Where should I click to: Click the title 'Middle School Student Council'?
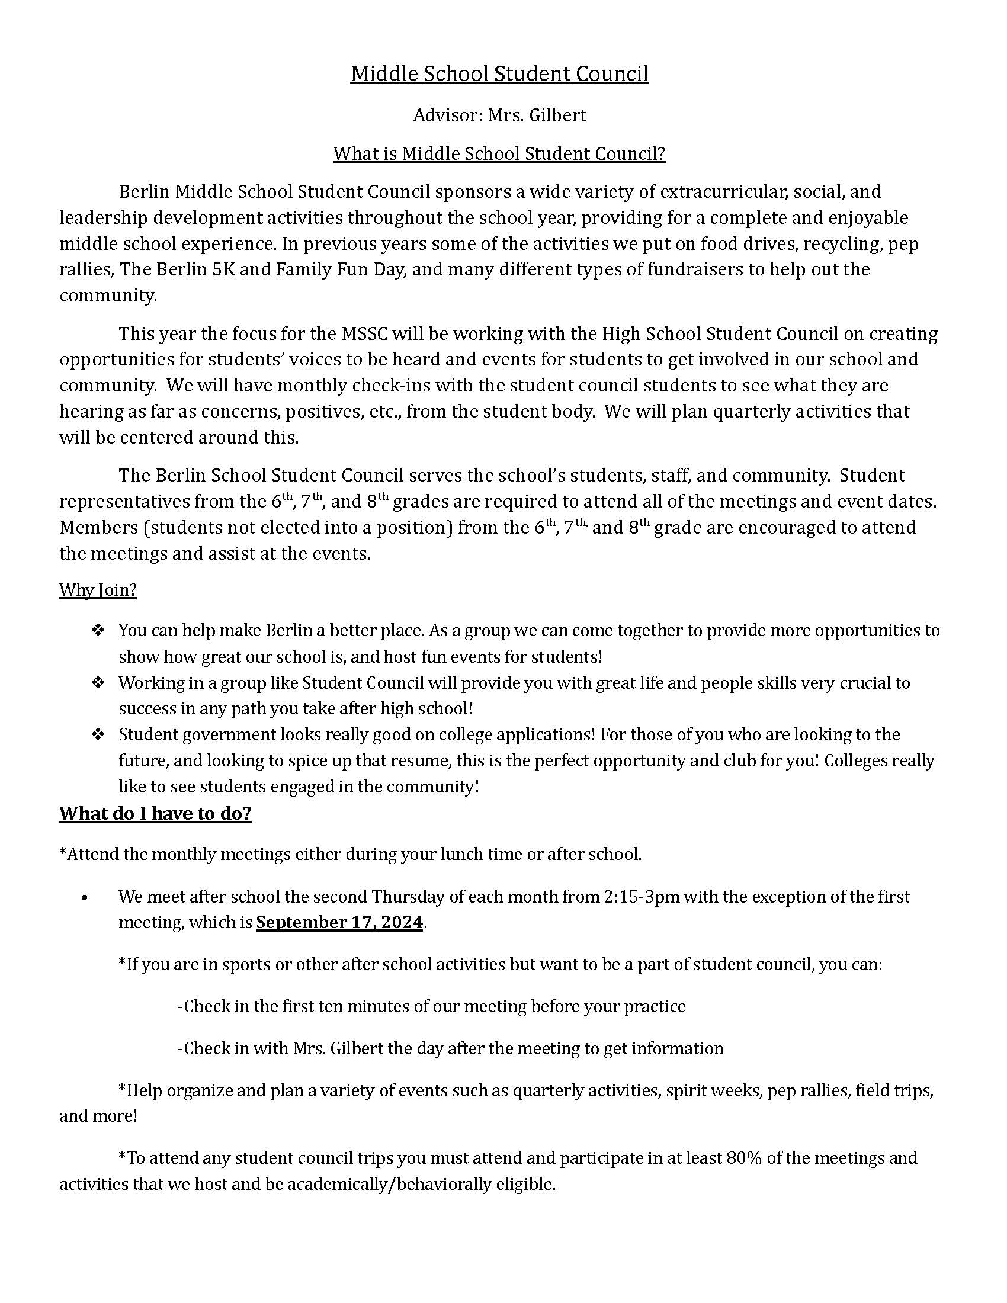click(499, 74)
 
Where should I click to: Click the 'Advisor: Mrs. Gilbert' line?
click(499, 114)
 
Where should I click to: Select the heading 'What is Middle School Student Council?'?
click(499, 154)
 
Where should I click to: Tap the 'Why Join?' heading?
click(98, 590)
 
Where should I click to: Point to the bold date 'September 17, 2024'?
click(339, 922)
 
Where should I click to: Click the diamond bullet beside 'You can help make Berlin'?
click(98, 630)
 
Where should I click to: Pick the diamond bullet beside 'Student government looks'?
click(98, 734)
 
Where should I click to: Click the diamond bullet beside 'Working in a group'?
click(98, 682)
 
